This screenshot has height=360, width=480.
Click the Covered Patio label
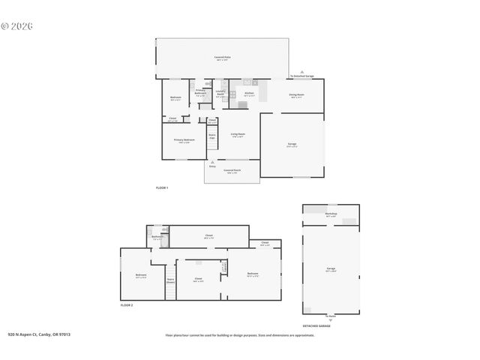click(222, 58)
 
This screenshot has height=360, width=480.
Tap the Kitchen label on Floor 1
click(250, 94)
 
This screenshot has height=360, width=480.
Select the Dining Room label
click(296, 95)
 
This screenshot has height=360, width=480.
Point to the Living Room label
click(238, 135)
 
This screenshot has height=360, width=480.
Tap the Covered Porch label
click(232, 171)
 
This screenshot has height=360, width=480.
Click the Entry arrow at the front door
click(212, 163)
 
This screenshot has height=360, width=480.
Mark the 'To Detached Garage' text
click(301, 76)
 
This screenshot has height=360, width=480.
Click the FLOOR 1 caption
click(162, 187)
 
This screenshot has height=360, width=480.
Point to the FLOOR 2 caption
click(127, 306)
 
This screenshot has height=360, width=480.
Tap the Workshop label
click(331, 214)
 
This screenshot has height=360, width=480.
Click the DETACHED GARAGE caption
click(316, 326)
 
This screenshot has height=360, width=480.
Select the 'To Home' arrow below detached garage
click(331, 319)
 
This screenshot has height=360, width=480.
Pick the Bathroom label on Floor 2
click(157, 237)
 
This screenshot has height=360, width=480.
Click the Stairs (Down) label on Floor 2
click(170, 281)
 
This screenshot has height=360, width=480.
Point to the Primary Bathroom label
click(200, 93)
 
